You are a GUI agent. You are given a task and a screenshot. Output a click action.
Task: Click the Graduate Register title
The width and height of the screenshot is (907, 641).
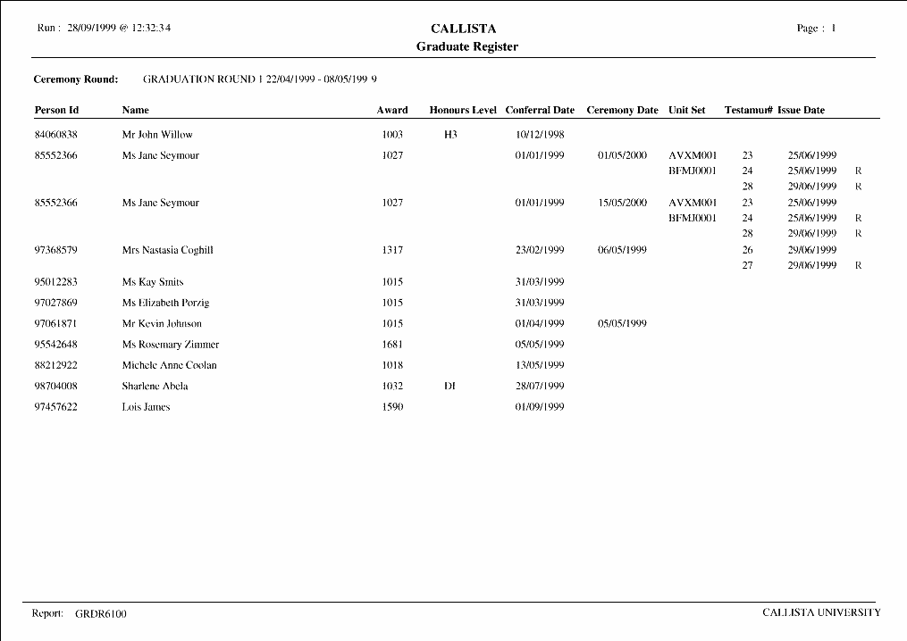click(466, 46)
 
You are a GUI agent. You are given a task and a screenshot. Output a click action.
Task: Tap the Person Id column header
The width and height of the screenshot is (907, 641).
click(57, 111)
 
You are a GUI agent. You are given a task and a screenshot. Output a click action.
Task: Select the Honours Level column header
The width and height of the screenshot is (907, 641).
click(462, 111)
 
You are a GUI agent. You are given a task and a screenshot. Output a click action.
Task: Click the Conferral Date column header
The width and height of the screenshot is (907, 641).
click(540, 111)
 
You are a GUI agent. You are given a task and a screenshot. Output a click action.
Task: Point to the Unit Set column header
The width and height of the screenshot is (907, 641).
click(686, 111)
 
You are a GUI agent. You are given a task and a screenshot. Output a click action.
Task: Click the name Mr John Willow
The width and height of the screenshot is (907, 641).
click(157, 135)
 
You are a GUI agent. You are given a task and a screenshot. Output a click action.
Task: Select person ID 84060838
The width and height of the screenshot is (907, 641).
click(56, 135)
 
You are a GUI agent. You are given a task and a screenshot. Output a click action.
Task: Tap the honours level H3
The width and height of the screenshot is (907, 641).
click(450, 135)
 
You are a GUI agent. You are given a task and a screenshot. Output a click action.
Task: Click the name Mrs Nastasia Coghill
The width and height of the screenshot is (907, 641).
click(167, 250)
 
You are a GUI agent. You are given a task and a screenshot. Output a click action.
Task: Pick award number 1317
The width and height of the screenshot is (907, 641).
click(392, 250)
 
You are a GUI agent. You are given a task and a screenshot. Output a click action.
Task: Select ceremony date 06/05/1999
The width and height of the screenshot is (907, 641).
click(622, 250)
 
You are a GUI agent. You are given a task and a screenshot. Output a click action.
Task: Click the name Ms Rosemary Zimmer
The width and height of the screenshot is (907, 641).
click(171, 345)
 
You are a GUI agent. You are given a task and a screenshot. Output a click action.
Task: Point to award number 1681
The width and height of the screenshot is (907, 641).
click(392, 345)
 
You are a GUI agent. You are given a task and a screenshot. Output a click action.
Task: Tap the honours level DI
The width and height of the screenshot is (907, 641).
click(450, 387)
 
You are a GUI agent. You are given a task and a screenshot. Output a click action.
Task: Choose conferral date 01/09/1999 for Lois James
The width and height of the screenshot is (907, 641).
click(540, 407)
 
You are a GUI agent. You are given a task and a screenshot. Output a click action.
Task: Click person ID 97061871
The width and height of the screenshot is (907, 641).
click(56, 324)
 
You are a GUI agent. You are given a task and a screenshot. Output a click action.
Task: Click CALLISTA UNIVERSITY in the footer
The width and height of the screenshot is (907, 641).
click(821, 612)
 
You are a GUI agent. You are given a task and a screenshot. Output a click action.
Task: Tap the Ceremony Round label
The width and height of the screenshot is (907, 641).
click(76, 79)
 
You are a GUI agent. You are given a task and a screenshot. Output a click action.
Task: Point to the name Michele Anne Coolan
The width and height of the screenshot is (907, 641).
click(170, 365)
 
